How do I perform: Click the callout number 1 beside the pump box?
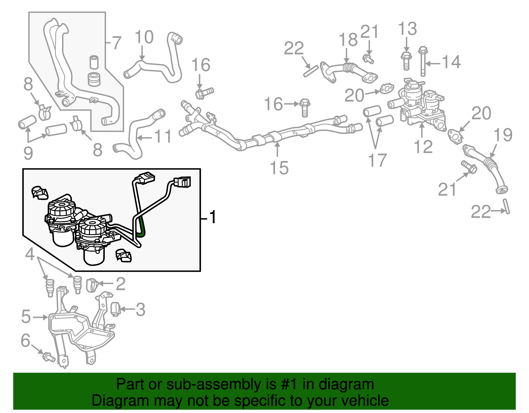pos(213,217)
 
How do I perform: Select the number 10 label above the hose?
pos(144,37)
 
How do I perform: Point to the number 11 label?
pos(163,136)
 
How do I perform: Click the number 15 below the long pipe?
pos(279,168)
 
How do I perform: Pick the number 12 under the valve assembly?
pos(423,146)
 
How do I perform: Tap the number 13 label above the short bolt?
pos(407,29)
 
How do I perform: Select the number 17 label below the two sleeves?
pos(377,160)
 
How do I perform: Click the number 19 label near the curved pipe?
pos(503,135)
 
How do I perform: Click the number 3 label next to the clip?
pos(141,310)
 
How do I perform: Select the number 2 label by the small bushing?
pos(121,284)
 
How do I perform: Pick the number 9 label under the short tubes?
pos(28,153)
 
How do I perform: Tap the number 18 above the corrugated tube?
pos(348,40)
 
